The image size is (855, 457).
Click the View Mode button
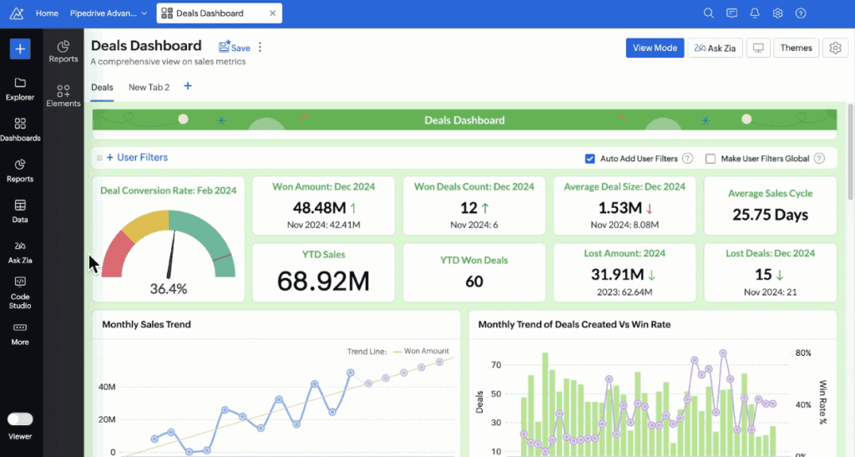tap(655, 48)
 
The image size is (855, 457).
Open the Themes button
tap(796, 48)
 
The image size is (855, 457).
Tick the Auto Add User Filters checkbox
tap(590, 159)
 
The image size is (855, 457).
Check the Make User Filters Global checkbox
tap(711, 159)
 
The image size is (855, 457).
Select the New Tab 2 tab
tap(149, 87)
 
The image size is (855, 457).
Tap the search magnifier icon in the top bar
tap(709, 13)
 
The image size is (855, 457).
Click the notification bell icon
tap(755, 13)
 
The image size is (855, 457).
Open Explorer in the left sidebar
tap(20, 89)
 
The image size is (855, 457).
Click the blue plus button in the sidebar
tap(20, 48)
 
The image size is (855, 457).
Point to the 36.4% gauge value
tap(168, 289)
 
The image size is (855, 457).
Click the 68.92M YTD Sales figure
tap(323, 281)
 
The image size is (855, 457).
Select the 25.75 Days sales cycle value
tap(770, 215)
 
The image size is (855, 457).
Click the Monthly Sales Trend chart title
tap(146, 324)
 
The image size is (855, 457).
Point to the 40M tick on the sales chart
tap(107, 387)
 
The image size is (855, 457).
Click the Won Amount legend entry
tap(427, 351)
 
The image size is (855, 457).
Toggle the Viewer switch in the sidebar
tap(20, 419)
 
